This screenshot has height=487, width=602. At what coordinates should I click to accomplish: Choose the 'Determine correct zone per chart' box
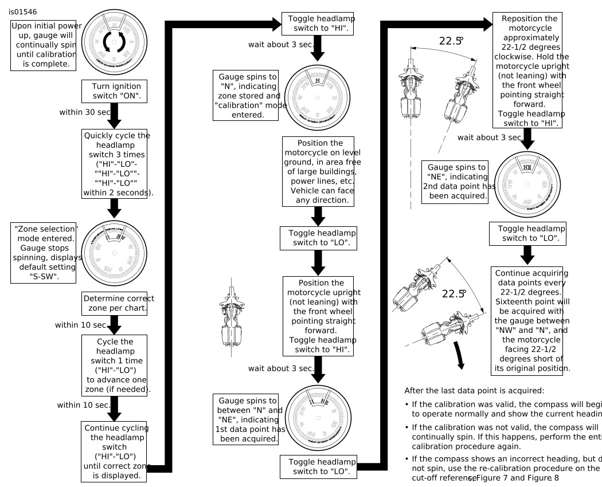pos(115,304)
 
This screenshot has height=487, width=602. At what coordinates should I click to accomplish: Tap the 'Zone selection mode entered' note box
pos(46,252)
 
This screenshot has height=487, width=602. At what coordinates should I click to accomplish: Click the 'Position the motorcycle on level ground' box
pos(318,171)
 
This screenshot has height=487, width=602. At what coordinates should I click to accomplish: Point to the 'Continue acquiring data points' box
pos(531,320)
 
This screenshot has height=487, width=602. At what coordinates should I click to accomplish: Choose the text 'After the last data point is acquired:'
pos(474,391)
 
